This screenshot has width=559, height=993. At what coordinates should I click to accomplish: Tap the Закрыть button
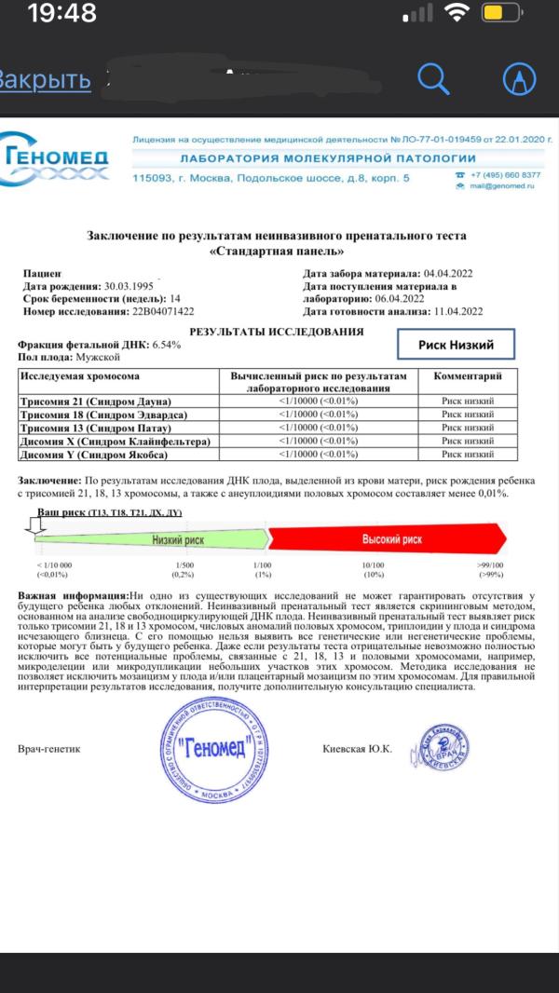[x=44, y=80]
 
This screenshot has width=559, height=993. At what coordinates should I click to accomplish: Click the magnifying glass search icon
[x=433, y=80]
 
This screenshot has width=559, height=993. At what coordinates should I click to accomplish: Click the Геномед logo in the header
[x=56, y=161]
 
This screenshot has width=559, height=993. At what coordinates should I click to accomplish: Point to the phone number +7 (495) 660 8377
[x=506, y=175]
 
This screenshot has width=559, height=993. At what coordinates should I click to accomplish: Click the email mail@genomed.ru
[x=502, y=186]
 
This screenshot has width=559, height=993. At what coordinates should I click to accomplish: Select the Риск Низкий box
[x=456, y=345]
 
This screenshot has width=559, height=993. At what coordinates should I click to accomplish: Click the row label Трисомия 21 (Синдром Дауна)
[x=98, y=401]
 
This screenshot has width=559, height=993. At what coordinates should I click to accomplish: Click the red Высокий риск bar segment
[x=391, y=539]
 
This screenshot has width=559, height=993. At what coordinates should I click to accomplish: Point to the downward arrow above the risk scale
[x=37, y=528]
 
